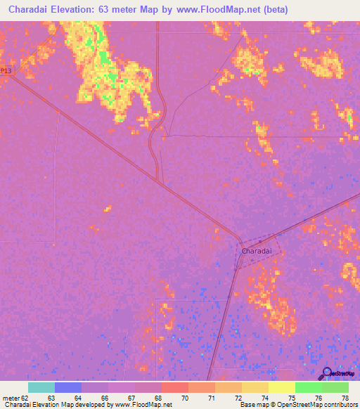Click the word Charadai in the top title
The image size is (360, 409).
pos(32,10)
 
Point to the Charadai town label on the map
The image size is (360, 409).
pos(256,251)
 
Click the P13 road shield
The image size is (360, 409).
pos(6,71)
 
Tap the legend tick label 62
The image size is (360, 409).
pos(25,398)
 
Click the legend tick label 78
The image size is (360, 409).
pos(344,398)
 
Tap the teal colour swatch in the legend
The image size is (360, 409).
pos(41,387)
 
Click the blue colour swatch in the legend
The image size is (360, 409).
pos(68,387)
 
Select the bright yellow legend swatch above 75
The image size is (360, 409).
pos(281,387)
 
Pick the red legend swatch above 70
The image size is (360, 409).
pos(174,387)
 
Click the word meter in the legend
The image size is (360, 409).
pos(10,398)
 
